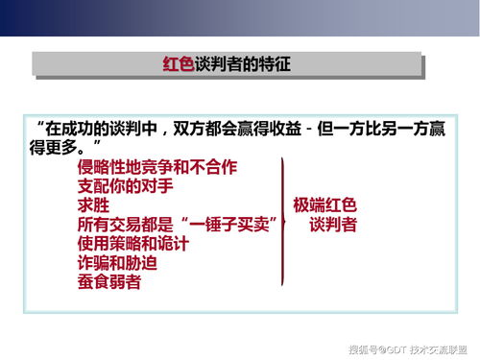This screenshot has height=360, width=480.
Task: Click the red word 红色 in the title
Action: coord(177,65)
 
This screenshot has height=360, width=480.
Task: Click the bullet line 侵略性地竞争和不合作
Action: coord(156,167)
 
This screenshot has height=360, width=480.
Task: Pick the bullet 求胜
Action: coord(93,205)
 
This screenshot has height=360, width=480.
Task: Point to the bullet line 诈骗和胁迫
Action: coord(115,263)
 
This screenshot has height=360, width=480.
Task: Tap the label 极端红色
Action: coord(324,204)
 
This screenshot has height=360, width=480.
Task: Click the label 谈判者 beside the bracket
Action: coord(333,225)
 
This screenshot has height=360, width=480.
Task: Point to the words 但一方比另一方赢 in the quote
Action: coord(384,128)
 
